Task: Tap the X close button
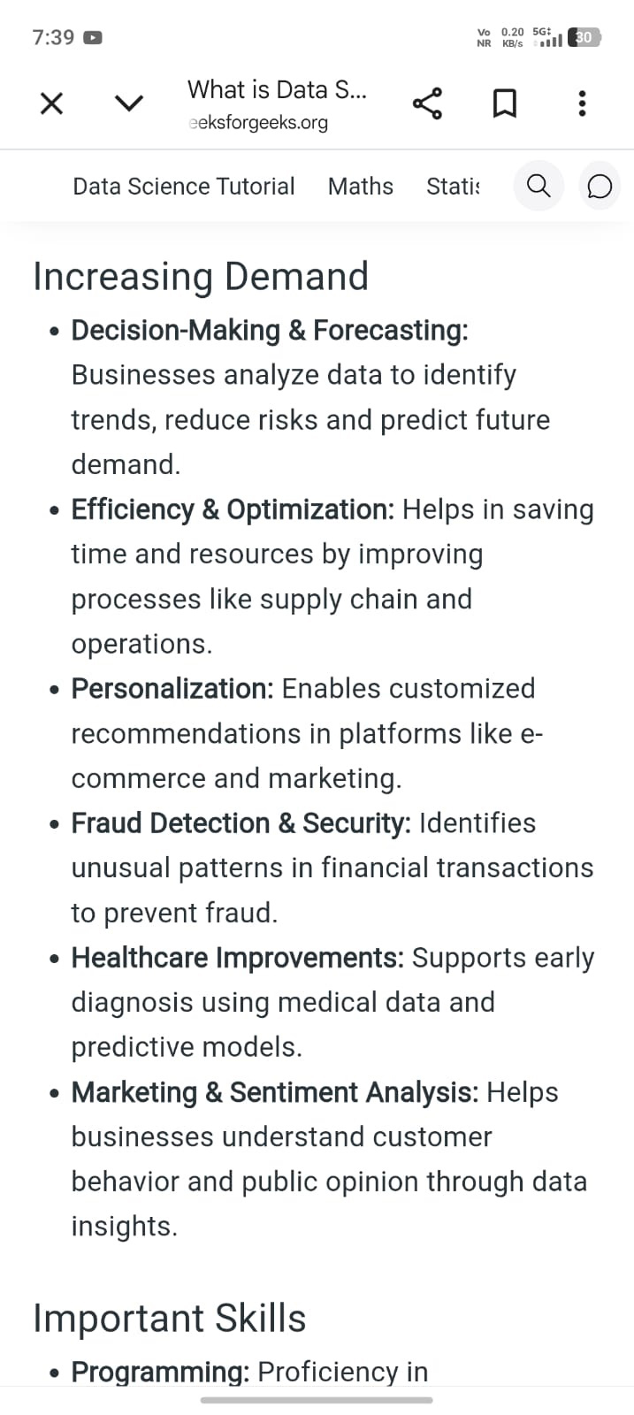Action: point(52,103)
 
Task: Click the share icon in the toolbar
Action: point(427,103)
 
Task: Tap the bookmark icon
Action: point(505,103)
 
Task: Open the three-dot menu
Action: point(582,103)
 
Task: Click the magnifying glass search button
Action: point(538,186)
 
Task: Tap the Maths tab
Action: point(361,187)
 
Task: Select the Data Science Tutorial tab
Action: point(184,187)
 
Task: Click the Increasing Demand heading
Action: point(201,277)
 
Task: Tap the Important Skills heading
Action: point(170,1319)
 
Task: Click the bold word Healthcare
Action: point(140,958)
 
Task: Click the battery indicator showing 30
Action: point(584,38)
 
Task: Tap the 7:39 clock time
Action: point(54,37)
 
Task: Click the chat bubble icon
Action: point(600,187)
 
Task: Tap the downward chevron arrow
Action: point(129,103)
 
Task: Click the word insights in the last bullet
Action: point(125,1227)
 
